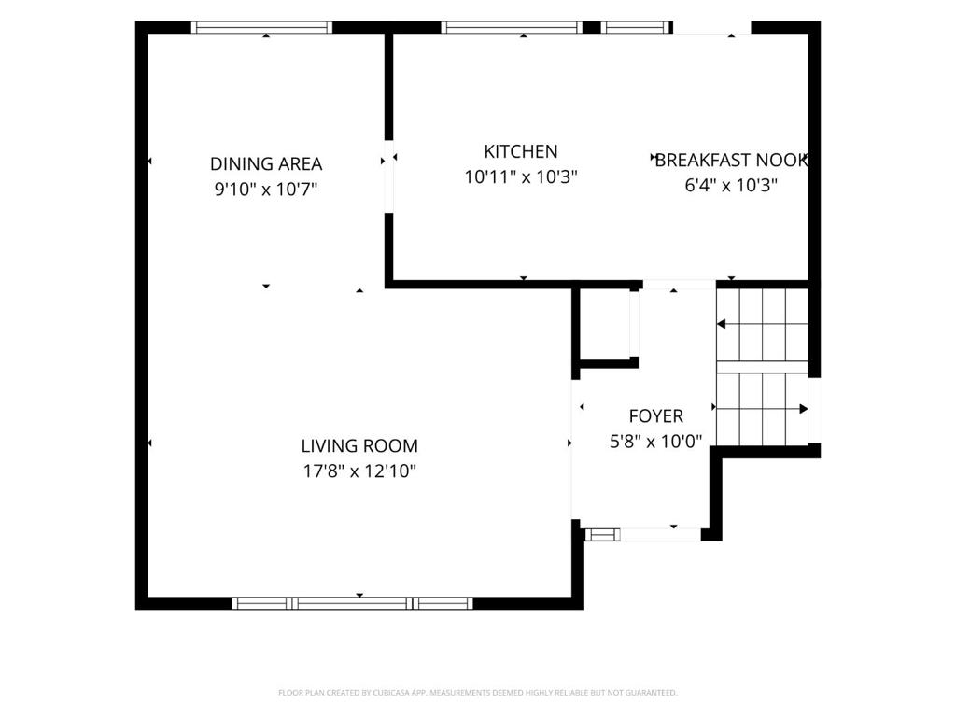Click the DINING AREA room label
(266, 164)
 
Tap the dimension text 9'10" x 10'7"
(266, 190)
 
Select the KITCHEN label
(521, 151)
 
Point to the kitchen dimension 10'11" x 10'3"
(521, 176)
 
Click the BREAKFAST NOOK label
(731, 160)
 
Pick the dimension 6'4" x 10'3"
(731, 185)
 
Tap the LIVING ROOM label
(359, 445)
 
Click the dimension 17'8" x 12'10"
(359, 471)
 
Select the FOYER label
(656, 415)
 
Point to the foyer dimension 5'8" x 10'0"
(656, 441)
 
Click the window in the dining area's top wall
(261, 27)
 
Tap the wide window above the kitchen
(512, 27)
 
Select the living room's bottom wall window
(352, 603)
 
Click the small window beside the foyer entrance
(602, 535)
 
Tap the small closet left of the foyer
(604, 324)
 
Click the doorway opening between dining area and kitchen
(388, 176)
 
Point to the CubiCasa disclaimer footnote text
(477, 693)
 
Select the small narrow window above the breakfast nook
(635, 27)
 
